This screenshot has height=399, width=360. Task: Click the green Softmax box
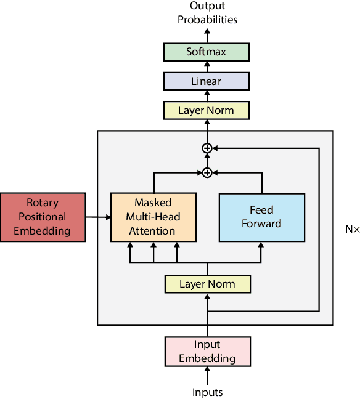[207, 52]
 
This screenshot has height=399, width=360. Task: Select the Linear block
[207, 81]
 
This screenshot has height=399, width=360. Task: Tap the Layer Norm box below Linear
[207, 111]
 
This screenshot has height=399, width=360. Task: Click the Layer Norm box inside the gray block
[207, 284]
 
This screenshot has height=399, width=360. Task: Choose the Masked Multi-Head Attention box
[153, 217]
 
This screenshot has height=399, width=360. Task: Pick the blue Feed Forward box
[261, 217]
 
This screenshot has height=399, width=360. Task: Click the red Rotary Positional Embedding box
[43, 217]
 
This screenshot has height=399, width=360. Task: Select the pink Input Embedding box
[207, 352]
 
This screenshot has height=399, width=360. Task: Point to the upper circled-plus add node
[207, 148]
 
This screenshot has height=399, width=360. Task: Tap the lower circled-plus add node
[207, 172]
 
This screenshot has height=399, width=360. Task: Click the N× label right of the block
[352, 229]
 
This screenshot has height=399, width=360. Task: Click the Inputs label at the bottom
[207, 392]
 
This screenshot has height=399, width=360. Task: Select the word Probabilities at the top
[207, 20]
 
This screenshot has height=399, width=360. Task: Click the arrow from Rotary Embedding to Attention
[97, 217]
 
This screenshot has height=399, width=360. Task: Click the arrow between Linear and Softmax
[207, 66]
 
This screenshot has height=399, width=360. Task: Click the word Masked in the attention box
[153, 203]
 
